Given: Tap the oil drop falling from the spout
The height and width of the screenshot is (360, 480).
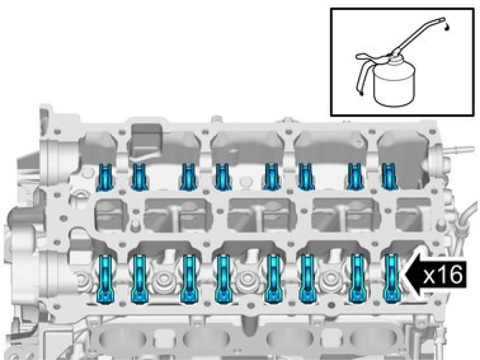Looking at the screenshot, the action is click(448, 28).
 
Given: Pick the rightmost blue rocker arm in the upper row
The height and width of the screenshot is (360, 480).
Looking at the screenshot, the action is click(390, 176).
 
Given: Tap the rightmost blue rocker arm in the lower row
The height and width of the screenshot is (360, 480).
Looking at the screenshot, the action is click(392, 278).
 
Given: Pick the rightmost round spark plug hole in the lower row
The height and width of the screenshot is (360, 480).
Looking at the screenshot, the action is click(329, 278).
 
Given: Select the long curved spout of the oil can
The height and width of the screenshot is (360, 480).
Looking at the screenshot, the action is click(417, 36).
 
